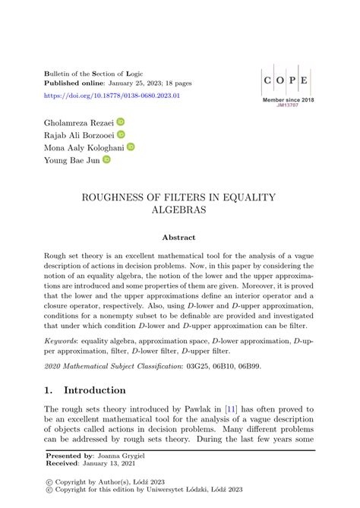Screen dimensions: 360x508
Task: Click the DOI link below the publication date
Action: [113, 96]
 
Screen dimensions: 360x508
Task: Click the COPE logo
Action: [286, 79]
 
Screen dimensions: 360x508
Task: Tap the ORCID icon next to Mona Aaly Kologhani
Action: [130, 147]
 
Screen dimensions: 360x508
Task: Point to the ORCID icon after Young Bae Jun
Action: [106, 160]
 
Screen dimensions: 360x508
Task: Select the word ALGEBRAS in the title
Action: [178, 211]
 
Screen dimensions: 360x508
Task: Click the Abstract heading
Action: [179, 238]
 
